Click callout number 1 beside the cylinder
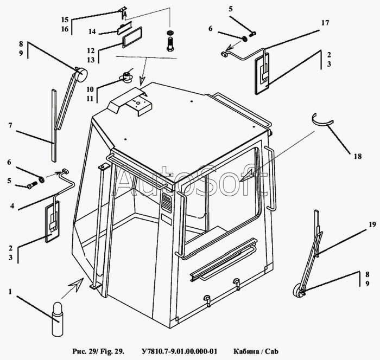(x=10, y=292)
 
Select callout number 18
(x=357, y=156)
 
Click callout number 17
(x=325, y=23)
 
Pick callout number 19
(x=372, y=224)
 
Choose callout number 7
(x=10, y=125)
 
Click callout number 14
(x=92, y=31)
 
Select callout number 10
(x=90, y=89)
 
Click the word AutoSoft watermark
(x=190, y=181)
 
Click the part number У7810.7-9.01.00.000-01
(x=179, y=351)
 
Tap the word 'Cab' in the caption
(x=271, y=351)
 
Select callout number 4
(x=12, y=206)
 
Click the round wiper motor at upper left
(x=81, y=74)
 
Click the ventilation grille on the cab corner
(x=166, y=203)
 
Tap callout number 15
(x=65, y=20)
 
